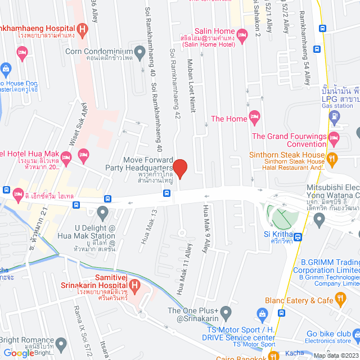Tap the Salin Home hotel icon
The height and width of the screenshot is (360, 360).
243,36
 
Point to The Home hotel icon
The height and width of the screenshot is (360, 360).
255,119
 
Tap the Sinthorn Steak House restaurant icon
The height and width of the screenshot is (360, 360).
332,159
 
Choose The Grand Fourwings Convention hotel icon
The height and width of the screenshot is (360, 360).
334,137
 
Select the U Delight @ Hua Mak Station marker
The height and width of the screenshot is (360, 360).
102,213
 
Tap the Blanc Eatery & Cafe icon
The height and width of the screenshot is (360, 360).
339,298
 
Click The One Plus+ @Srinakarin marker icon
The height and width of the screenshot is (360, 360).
227,311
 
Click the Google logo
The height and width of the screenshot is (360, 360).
18,353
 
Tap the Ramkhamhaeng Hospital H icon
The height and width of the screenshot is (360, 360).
83,29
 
